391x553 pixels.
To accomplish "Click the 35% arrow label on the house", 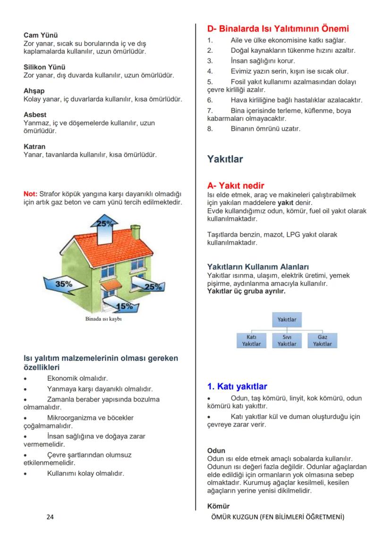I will coord(64,284).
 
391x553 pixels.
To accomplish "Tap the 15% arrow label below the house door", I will coord(124,306).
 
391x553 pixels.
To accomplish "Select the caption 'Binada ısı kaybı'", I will coord(103,319).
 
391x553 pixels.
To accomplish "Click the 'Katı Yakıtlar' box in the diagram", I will coord(251,340).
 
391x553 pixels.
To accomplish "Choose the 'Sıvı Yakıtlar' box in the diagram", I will coord(287,340).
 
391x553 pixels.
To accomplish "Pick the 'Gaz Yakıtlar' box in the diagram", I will coord(322,340).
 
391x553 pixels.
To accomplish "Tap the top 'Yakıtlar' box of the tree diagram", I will coord(287,319).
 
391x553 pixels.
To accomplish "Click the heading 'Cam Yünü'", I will coord(41,35).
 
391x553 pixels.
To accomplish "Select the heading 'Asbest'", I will coord(35,115).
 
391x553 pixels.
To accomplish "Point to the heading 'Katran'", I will coord(34,147).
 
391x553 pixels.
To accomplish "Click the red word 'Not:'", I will coord(30,194).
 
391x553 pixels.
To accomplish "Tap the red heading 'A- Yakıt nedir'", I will coord(236,186).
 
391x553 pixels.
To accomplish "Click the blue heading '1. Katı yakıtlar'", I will coord(237,387).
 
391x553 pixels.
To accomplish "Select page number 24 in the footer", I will coord(50,517).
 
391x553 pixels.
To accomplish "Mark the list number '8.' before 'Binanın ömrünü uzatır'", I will coord(210,128).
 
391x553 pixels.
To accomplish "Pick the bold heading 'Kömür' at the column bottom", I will coord(218,506).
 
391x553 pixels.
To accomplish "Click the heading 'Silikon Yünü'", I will coord(44,67).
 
